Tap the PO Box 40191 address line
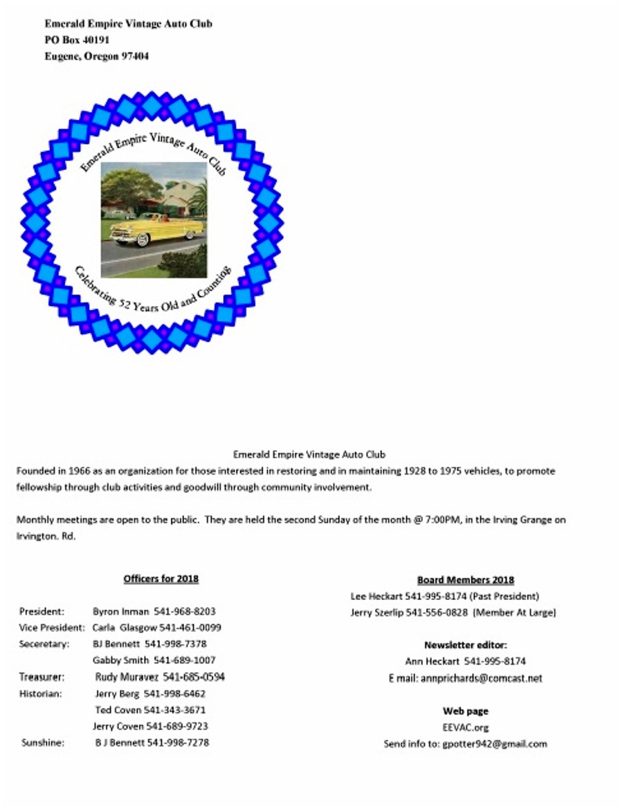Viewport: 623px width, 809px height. [77, 40]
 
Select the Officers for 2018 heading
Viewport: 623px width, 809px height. [161, 579]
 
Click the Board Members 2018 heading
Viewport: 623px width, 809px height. [465, 580]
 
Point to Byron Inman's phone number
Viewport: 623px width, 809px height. [183, 612]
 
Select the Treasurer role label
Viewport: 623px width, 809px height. [42, 677]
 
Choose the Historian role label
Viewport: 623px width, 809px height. [41, 693]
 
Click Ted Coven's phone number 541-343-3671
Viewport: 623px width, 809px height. [174, 710]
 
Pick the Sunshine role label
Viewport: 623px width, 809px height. [42, 743]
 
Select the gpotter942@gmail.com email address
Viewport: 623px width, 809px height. [494, 744]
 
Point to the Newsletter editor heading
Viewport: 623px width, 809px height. [465, 645]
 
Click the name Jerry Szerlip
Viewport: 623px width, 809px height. [377, 612]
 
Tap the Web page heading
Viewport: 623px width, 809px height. [465, 711]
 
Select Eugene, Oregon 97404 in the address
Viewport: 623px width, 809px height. [96, 57]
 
